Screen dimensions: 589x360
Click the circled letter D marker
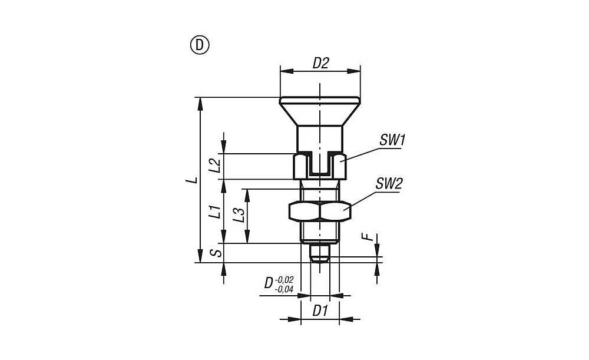click(200, 45)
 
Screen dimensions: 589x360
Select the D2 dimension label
click(320, 63)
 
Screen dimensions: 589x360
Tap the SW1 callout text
click(392, 140)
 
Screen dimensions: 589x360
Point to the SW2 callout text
click(389, 184)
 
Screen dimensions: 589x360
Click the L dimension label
click(193, 180)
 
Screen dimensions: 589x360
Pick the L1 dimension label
click(214, 212)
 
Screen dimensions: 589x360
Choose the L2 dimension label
click(214, 166)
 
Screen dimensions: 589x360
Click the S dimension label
click(216, 253)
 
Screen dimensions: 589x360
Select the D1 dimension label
click(320, 311)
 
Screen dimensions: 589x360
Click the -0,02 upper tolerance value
click(284, 280)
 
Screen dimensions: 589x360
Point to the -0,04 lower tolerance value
click(284, 289)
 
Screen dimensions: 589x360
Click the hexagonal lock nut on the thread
click(320, 211)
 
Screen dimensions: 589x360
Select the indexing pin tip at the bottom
click(320, 253)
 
